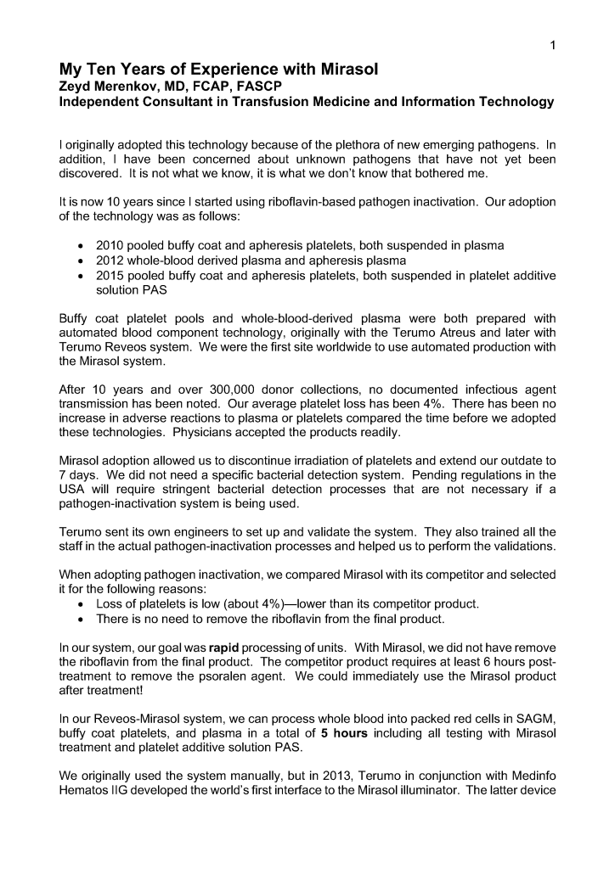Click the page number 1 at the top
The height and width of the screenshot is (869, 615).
click(552, 46)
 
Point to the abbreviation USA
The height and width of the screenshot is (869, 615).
click(74, 488)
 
